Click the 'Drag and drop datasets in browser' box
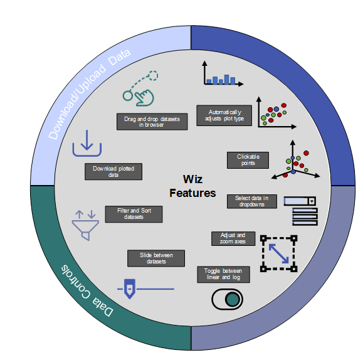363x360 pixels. [x=152, y=122]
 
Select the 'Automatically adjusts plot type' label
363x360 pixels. [x=224, y=115]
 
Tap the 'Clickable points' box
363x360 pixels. [x=248, y=160]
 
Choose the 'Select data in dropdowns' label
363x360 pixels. [x=252, y=201]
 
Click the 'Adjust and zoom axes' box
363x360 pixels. [x=233, y=238]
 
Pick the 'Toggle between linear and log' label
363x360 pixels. [x=223, y=274]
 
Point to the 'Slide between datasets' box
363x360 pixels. [x=156, y=258]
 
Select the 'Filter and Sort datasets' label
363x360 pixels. [x=134, y=214]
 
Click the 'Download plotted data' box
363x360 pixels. [x=113, y=171]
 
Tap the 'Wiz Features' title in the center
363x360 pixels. [x=192, y=186]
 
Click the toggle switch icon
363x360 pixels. [x=227, y=299]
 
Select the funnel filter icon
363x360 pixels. [x=85, y=225]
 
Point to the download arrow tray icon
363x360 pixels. [x=87, y=144]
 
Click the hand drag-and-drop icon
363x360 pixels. [x=140, y=88]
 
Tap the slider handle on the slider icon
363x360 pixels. [x=130, y=289]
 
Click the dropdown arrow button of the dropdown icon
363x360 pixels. [x=312, y=201]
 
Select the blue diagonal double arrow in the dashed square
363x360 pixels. [x=278, y=253]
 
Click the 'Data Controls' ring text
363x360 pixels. [x=87, y=291]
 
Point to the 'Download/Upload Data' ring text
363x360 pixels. [x=90, y=94]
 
